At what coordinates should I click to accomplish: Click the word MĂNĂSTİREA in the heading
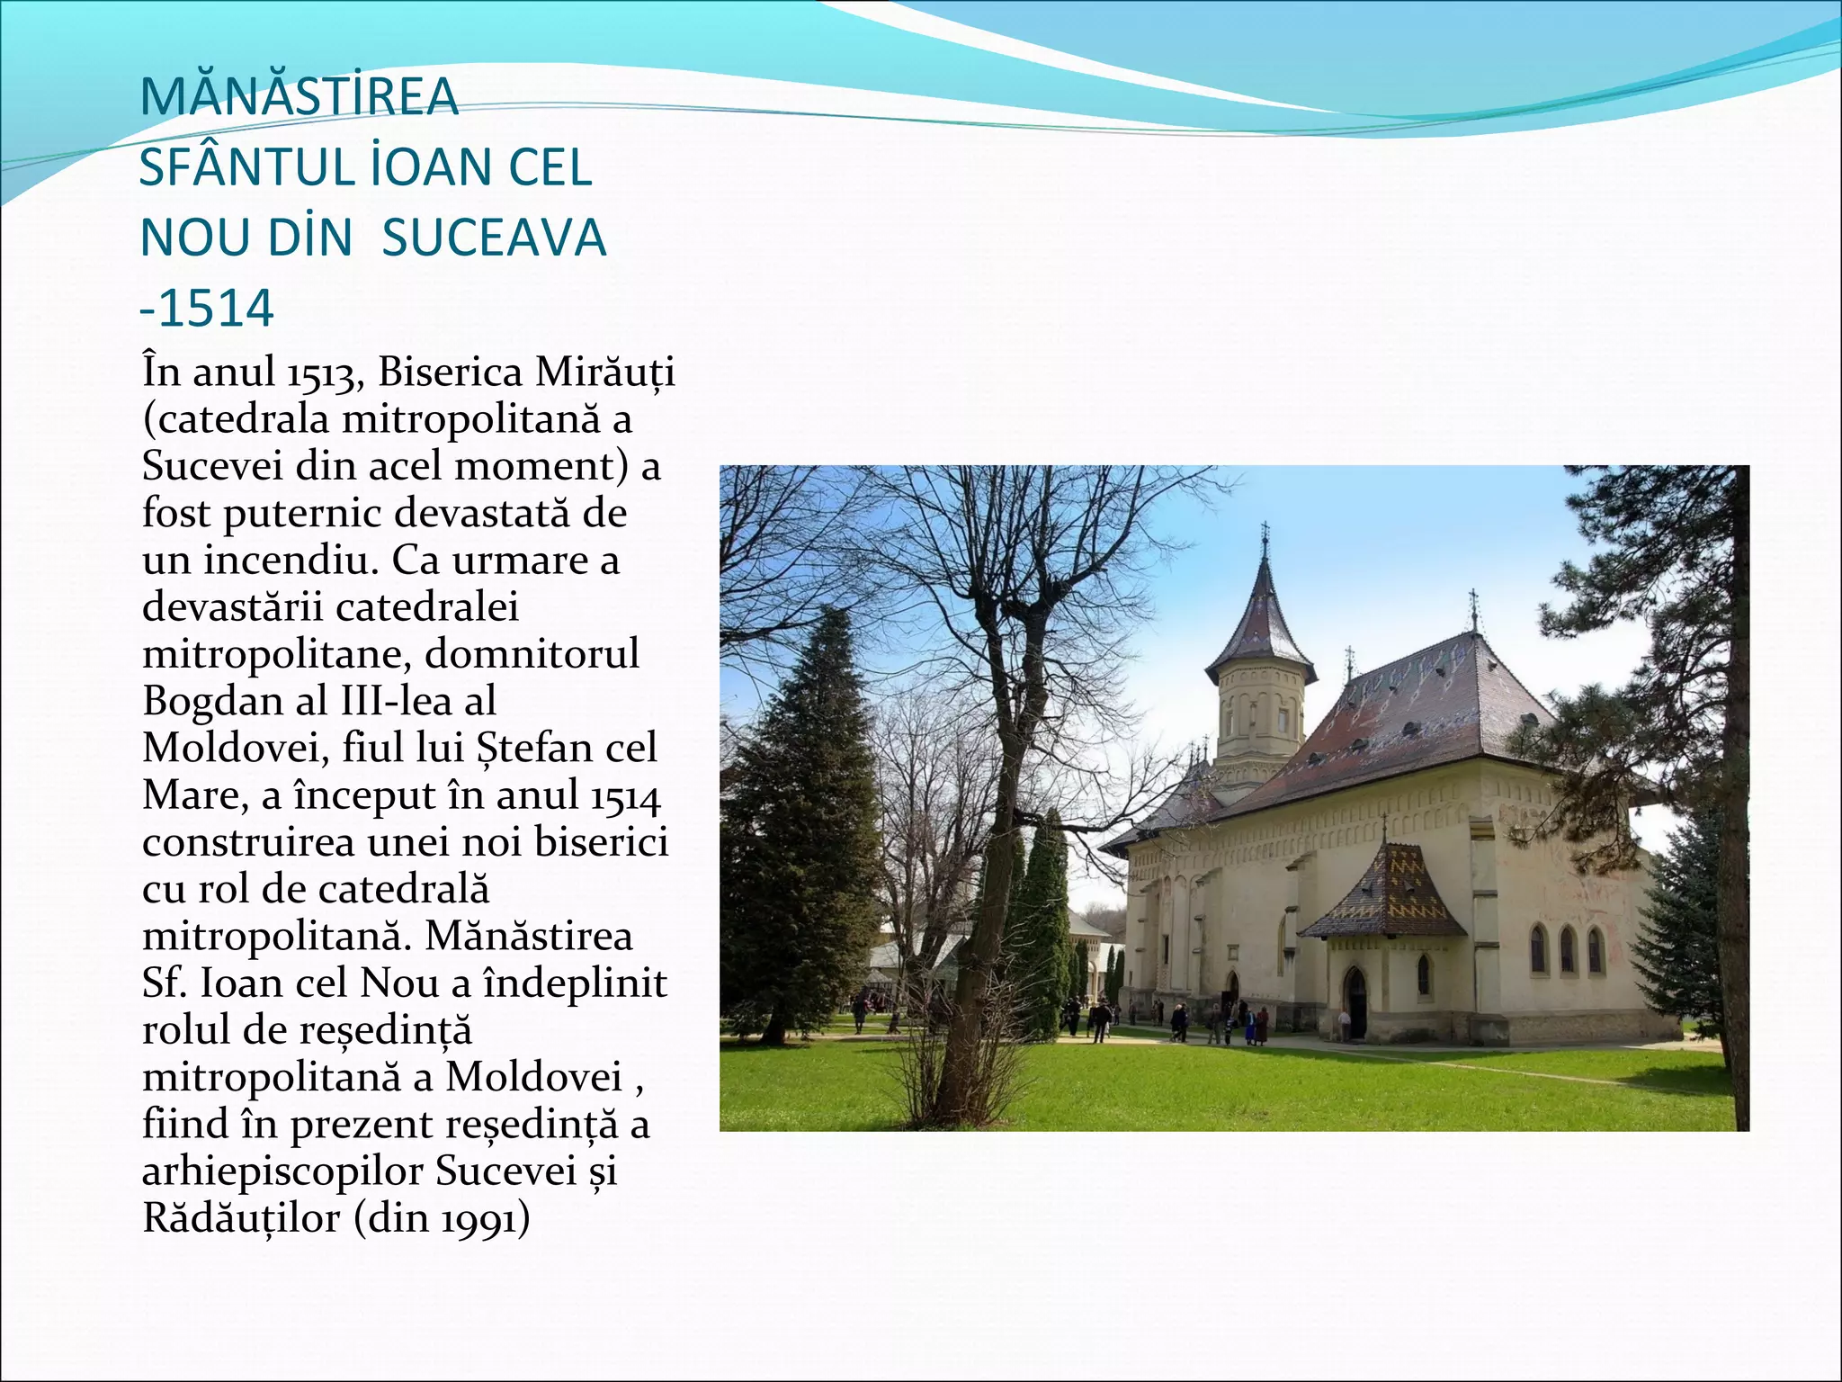click(300, 98)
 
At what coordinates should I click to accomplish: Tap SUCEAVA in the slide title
click(494, 238)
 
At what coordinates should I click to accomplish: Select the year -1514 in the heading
click(207, 309)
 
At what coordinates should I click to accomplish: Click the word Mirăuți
click(604, 372)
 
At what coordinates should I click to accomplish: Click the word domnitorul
click(532, 654)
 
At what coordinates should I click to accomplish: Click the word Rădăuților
click(241, 1218)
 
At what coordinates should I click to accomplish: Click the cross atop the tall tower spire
click(1265, 533)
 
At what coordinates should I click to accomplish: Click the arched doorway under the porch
click(1355, 1003)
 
